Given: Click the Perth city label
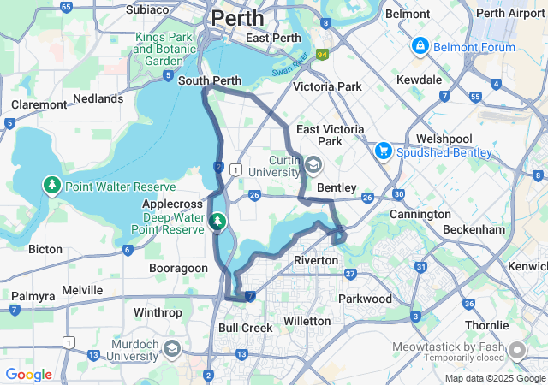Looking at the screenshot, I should click(237, 17).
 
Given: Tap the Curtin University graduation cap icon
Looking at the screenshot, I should click(313, 165).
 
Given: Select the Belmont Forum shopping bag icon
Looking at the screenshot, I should click(420, 45).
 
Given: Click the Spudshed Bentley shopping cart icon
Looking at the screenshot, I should click(383, 151).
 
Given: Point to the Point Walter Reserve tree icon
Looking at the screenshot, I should click(52, 185).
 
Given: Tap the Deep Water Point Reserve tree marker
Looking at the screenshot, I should click(217, 222).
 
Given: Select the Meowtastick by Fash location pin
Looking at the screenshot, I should click(517, 350).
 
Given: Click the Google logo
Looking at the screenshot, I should click(28, 375).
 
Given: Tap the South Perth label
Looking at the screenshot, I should click(210, 81).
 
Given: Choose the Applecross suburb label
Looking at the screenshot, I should click(173, 204).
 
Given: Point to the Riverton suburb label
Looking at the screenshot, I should click(316, 259).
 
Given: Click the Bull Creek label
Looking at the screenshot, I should click(245, 328).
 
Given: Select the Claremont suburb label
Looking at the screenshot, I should click(39, 104).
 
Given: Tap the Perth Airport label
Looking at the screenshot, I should click(510, 13).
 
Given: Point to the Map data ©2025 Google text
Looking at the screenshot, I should click(494, 378).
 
